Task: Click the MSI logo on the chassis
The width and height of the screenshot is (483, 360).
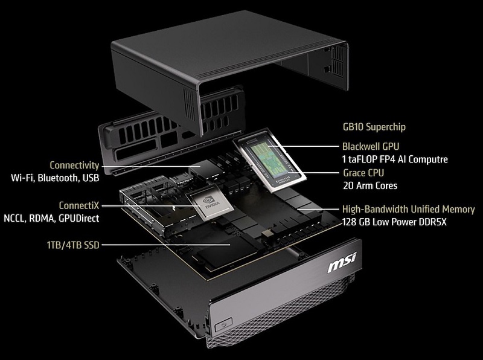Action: (342, 262)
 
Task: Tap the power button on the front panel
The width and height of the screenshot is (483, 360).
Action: (223, 324)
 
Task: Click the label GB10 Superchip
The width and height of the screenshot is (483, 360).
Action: (374, 127)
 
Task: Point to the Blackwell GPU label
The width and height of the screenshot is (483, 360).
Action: (371, 146)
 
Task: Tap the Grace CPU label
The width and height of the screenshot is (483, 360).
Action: (363, 173)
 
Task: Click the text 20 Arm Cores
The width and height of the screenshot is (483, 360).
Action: (370, 185)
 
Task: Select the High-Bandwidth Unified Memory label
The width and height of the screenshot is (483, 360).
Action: (409, 209)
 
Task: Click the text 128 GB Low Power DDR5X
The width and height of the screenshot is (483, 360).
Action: (394, 222)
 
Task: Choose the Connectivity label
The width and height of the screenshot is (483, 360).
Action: (74, 166)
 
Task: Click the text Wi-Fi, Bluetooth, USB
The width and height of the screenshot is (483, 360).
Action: (55, 178)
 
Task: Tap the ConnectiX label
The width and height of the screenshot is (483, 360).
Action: (79, 205)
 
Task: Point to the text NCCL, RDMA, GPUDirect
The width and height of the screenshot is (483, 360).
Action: (51, 218)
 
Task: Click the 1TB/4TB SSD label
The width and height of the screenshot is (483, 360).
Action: (73, 245)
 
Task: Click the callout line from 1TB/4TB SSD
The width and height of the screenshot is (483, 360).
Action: (165, 245)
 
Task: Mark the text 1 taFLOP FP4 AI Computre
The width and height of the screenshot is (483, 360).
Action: (395, 159)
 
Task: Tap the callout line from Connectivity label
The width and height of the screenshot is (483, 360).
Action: (151, 166)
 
